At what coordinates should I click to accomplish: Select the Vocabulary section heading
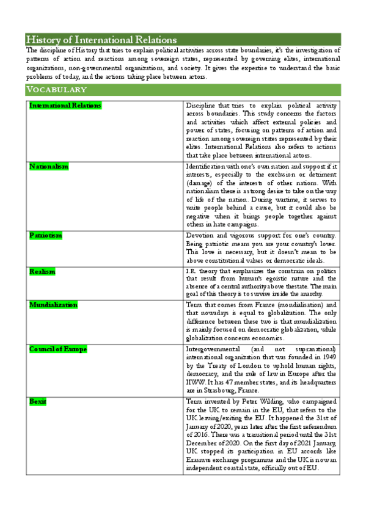pos(56,90)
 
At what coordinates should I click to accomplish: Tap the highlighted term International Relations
pos(65,106)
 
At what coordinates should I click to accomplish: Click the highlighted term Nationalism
pos(49,166)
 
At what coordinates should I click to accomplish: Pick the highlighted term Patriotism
pos(46,235)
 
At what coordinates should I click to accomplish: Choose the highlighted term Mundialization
pos(54,304)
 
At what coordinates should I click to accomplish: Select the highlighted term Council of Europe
pos(58,349)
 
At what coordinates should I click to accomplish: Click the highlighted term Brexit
pos(38,401)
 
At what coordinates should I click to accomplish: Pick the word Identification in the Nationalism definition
pos(207,166)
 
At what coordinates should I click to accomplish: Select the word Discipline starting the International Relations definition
pos(202,106)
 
